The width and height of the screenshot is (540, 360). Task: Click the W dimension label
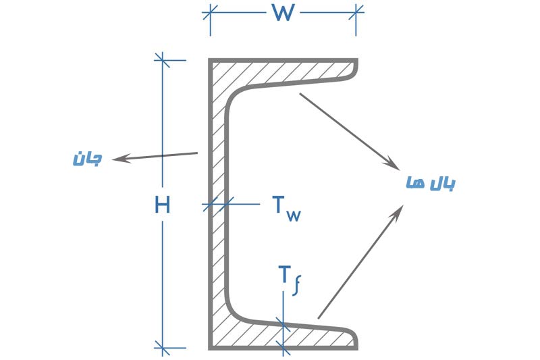pyautogui.click(x=283, y=13)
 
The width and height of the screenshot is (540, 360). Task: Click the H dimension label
pyautogui.click(x=162, y=204)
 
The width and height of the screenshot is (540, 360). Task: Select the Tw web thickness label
pyautogui.click(x=286, y=209)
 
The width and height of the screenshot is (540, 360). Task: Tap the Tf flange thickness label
pyautogui.click(x=290, y=281)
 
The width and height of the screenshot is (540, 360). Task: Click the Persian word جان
pyautogui.click(x=88, y=159)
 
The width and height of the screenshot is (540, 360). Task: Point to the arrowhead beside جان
pyautogui.click(x=118, y=159)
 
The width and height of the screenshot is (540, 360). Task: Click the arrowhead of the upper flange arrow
pyautogui.click(x=394, y=164)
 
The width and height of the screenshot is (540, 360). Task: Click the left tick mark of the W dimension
pyautogui.click(x=210, y=13)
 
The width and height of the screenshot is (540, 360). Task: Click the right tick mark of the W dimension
pyautogui.click(x=356, y=13)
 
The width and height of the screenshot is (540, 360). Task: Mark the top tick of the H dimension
pyautogui.click(x=162, y=60)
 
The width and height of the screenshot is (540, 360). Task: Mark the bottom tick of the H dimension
pyautogui.click(x=162, y=348)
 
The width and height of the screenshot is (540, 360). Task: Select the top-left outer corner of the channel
pyautogui.click(x=209, y=59)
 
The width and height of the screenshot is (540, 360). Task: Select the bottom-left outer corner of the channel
pyautogui.click(x=209, y=349)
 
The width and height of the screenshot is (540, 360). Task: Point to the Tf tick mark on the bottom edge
pyautogui.click(x=283, y=348)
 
